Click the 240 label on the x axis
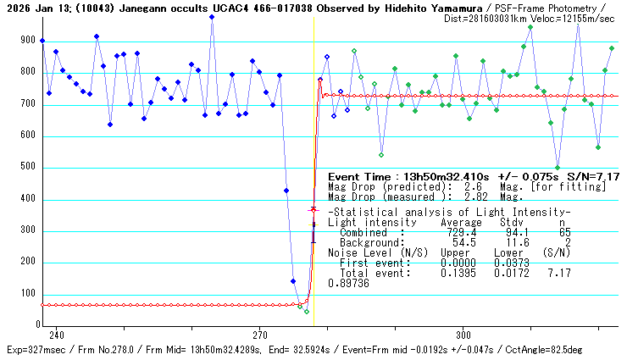[57, 334]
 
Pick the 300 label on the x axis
[463, 334]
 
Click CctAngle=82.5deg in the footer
[580, 349]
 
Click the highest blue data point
[212, 16]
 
